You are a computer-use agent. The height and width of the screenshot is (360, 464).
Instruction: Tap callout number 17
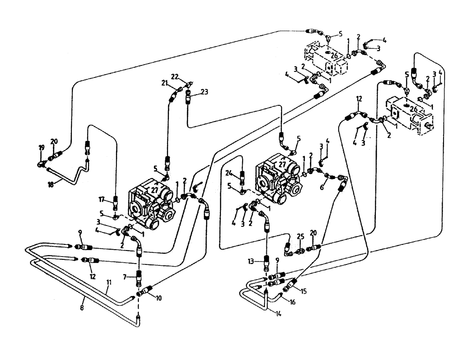tap(102, 200)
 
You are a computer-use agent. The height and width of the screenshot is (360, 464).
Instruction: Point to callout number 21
tap(164, 83)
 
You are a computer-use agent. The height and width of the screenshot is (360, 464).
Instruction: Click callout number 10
tap(159, 298)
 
